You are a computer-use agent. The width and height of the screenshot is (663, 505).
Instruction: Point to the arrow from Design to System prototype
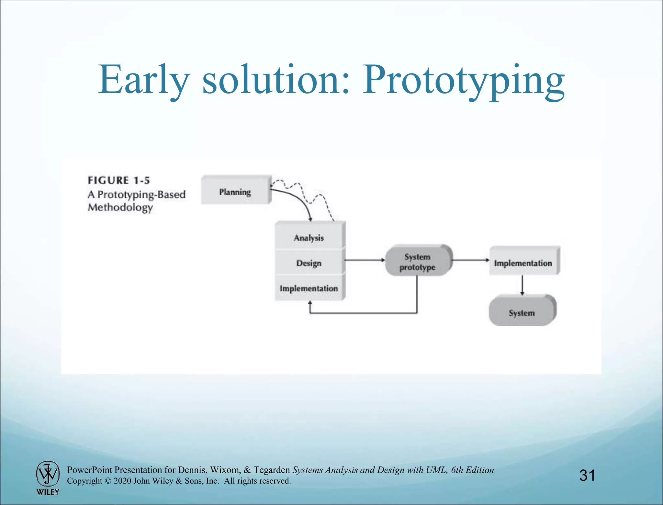[364, 260]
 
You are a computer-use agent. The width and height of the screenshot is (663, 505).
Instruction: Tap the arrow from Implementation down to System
[522, 285]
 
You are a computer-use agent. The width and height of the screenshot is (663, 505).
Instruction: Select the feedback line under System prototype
[363, 313]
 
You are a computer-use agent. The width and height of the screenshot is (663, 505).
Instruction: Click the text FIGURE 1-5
[119, 180]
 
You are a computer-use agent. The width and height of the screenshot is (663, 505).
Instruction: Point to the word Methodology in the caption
[120, 208]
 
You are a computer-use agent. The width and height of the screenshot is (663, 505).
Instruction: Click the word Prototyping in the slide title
[463, 81]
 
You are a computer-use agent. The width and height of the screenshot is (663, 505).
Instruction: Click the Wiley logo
[48, 478]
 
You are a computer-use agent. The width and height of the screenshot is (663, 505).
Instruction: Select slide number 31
[587, 475]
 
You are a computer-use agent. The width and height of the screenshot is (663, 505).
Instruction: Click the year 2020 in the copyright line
[122, 481]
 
